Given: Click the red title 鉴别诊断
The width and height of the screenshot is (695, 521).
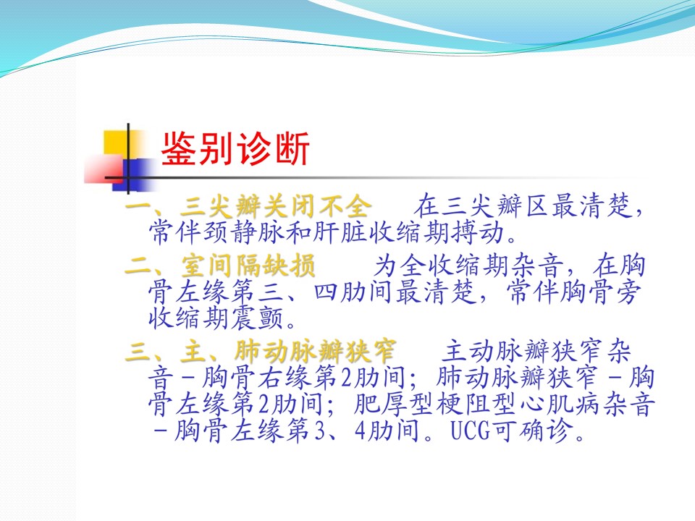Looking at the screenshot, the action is pyautogui.click(x=235, y=149).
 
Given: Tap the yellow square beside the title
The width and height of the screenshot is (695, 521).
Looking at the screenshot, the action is pyautogui.click(x=116, y=143).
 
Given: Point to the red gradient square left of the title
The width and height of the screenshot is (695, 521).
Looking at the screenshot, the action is pyautogui.click(x=104, y=169).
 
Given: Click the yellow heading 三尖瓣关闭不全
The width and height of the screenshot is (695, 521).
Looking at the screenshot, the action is pyautogui.click(x=275, y=206).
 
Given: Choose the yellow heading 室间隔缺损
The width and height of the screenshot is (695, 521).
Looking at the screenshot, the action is pyautogui.click(x=248, y=266).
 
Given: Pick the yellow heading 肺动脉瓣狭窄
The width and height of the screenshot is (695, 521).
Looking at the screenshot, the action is pyautogui.click(x=315, y=352).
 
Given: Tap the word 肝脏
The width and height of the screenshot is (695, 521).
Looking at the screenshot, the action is pyautogui.click(x=340, y=232).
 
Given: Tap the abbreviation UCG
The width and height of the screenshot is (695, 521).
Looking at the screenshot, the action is pyautogui.click(x=471, y=431).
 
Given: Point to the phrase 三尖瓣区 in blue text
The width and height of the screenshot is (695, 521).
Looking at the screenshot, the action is pyautogui.click(x=496, y=206).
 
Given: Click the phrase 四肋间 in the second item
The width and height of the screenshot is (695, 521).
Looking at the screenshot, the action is pyautogui.click(x=352, y=292).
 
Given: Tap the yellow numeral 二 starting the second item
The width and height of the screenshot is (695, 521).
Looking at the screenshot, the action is pyautogui.click(x=138, y=266).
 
